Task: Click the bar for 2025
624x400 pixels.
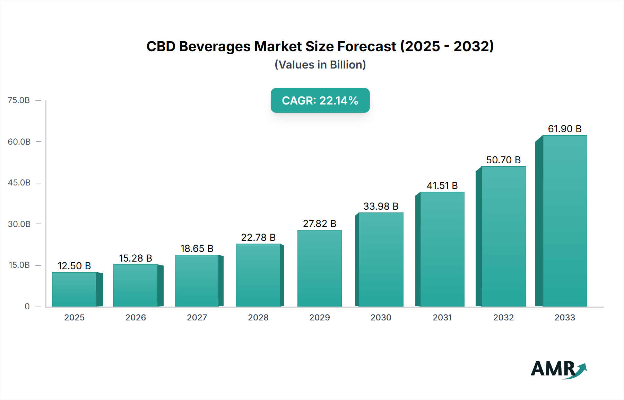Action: [74, 289]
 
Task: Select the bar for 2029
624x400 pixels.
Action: [319, 268]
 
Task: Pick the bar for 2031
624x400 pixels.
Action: [442, 249]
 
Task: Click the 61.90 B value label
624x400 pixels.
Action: [565, 129]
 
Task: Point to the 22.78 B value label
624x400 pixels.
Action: [258, 237]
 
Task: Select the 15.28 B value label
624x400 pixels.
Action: [136, 258]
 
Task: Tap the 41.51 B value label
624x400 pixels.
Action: [442, 185]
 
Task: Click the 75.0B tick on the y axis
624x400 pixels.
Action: [19, 100]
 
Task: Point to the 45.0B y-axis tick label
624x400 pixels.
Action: [19, 183]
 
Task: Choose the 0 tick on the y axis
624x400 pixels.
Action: [27, 307]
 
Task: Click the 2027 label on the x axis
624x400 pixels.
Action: [197, 318]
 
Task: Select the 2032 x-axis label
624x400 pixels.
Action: [503, 318]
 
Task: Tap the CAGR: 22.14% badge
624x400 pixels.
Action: [320, 100]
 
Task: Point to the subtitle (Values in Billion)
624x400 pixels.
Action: [320, 65]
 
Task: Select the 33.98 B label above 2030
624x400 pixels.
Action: [381, 206]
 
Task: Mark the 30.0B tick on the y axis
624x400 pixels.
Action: [19, 224]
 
